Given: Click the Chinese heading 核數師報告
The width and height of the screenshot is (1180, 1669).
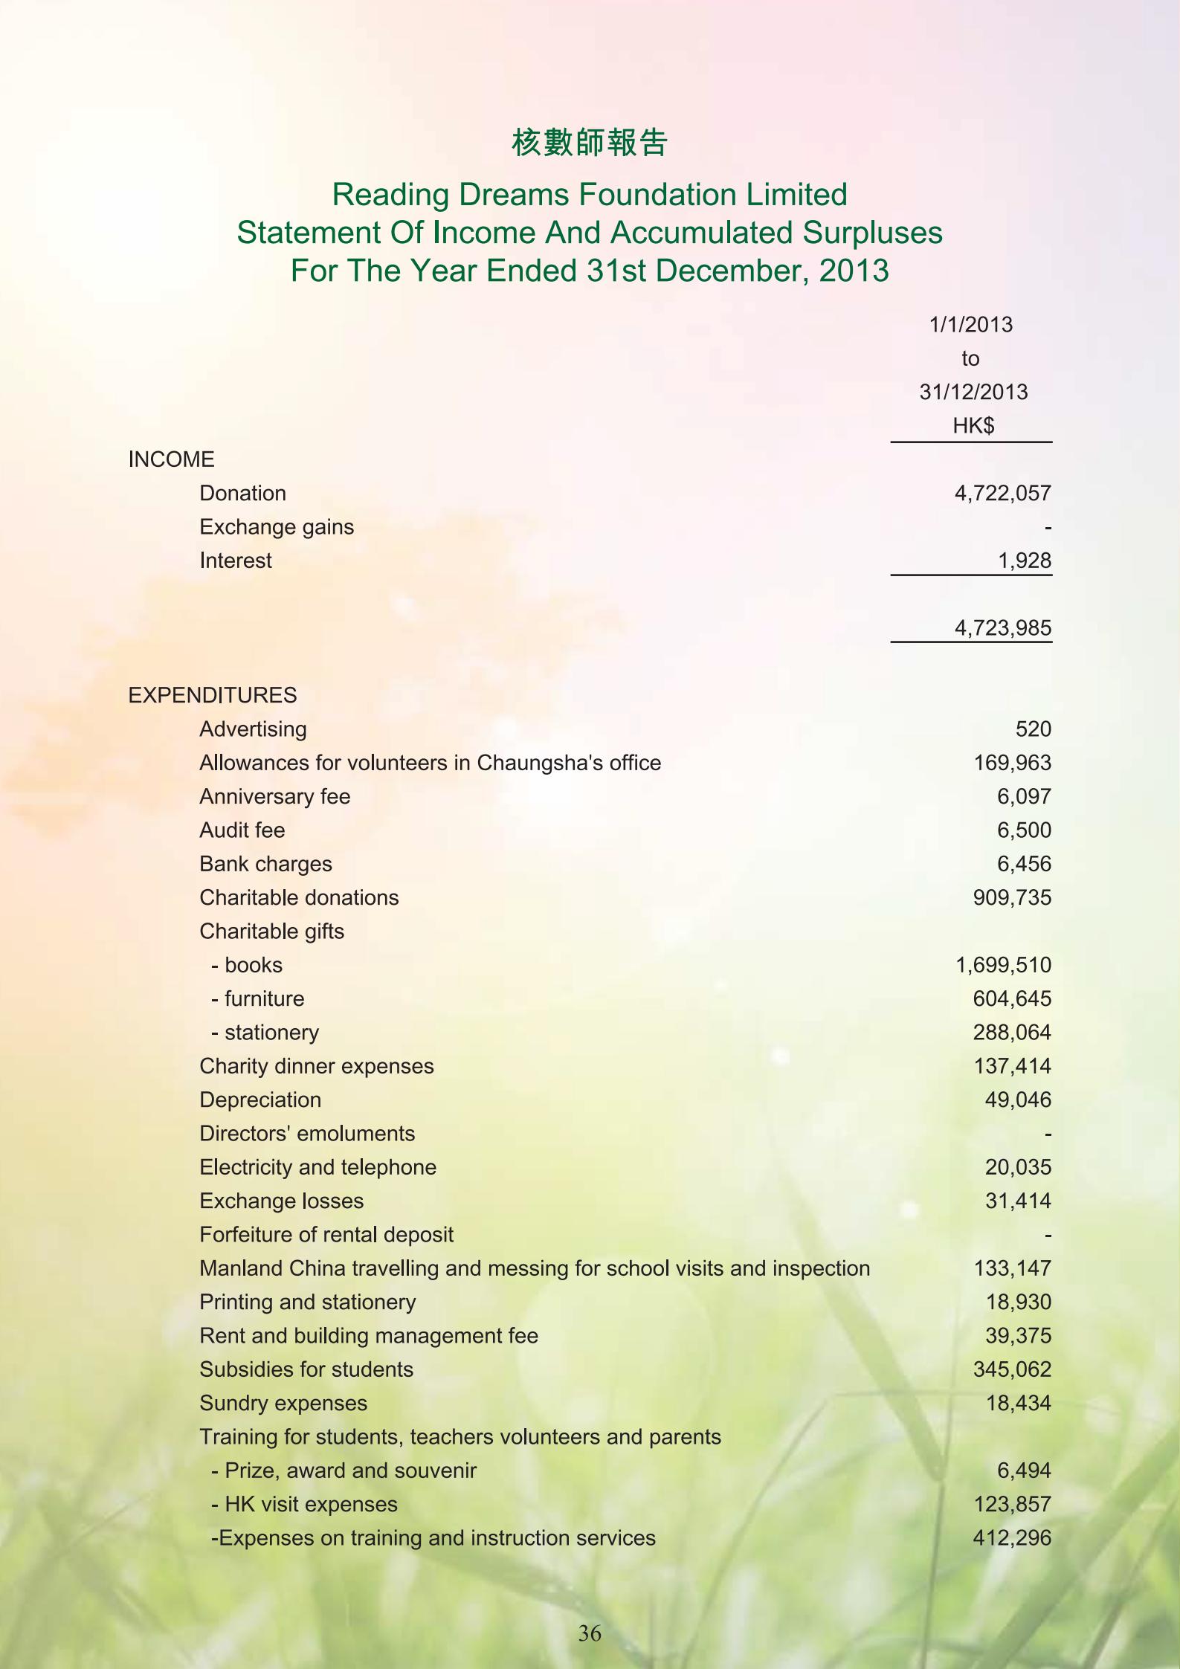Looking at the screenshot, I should (x=590, y=142).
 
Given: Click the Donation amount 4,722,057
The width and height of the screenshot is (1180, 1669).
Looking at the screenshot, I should (x=1002, y=493).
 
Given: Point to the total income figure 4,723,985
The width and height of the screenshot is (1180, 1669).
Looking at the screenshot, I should (x=1002, y=628).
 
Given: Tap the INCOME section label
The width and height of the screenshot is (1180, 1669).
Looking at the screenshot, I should (x=171, y=459).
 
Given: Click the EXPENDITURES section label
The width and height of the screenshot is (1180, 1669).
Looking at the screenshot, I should (x=212, y=695).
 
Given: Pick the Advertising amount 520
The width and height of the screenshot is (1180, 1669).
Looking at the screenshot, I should (x=1033, y=729).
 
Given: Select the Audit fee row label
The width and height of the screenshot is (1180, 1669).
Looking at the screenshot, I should (x=242, y=830).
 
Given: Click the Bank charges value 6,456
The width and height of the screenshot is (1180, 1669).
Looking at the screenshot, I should (x=1024, y=864).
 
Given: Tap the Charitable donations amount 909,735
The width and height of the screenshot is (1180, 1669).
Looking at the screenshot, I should (x=1012, y=897).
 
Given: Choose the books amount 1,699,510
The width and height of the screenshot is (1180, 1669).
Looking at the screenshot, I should (x=1002, y=965).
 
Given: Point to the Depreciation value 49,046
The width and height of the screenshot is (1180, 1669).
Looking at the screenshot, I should (x=1018, y=1100).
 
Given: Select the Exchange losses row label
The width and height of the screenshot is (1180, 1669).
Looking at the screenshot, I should (x=281, y=1201).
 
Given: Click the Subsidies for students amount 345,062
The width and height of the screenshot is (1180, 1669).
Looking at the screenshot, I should (x=1012, y=1369).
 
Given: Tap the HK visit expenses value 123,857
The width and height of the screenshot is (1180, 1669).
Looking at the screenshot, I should (x=1012, y=1504).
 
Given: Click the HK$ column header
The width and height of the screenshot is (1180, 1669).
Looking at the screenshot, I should (x=973, y=426).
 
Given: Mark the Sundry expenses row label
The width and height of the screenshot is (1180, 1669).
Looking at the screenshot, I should (x=283, y=1403).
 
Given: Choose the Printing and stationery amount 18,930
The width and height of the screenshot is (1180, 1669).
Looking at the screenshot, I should (x=1018, y=1302).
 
